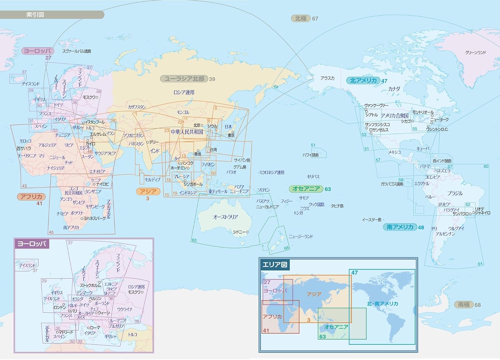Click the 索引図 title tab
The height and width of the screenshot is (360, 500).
pyautogui.click(x=35, y=15)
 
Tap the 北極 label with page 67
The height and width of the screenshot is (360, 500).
pyautogui.click(x=301, y=18)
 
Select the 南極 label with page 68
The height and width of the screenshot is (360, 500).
pyautogui.click(x=464, y=305)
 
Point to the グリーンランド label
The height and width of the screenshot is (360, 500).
pyautogui.click(x=475, y=52)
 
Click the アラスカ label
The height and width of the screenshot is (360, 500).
pyautogui.click(x=327, y=78)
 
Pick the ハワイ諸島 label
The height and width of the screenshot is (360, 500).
pyautogui.click(x=311, y=155)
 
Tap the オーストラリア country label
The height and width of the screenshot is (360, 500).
pyautogui.click(x=225, y=217)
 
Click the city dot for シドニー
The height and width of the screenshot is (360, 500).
pyautogui.click(x=247, y=232)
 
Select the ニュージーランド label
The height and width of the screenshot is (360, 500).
pyautogui.click(x=301, y=237)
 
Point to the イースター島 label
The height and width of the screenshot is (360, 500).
pyautogui.click(x=372, y=220)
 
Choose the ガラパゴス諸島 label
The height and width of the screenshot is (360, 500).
pyautogui.click(x=392, y=184)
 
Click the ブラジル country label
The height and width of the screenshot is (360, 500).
pyautogui.click(x=455, y=194)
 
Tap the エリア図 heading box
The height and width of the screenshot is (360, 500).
pyautogui.click(x=275, y=265)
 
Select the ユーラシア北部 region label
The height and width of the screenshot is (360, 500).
pyautogui.click(x=184, y=79)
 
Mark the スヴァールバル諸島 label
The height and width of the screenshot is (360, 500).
pyautogui.click(x=77, y=51)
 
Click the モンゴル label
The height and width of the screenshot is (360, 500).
pyautogui.click(x=183, y=112)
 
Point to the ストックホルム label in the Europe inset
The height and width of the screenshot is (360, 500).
pyautogui.click(x=90, y=286)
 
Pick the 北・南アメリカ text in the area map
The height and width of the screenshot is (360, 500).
pyautogui.click(x=382, y=304)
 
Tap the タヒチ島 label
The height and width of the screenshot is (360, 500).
pyautogui.click(x=337, y=206)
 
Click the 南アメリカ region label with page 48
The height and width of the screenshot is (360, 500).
pyautogui.click(x=400, y=227)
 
